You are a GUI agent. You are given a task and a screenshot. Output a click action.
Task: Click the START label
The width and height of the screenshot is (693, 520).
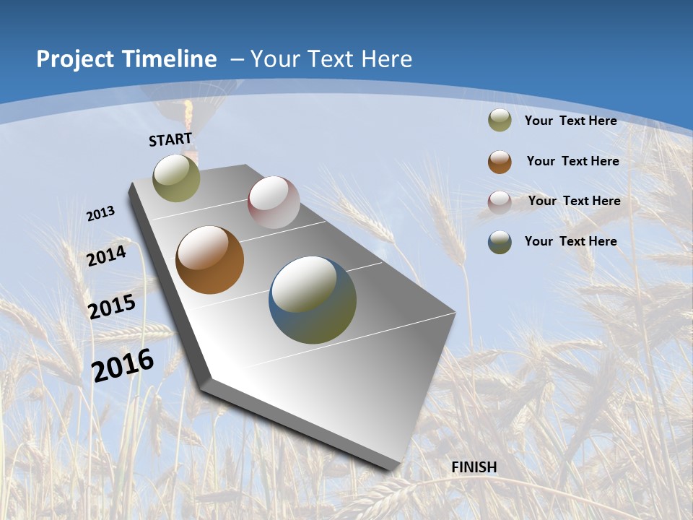coord(170,139)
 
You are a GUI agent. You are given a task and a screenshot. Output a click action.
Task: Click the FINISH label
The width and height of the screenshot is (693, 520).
coord(474,467)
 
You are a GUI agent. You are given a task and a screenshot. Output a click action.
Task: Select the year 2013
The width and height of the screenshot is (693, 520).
coord(101,214)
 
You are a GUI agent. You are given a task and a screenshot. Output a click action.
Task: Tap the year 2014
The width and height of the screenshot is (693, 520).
coord(107,256)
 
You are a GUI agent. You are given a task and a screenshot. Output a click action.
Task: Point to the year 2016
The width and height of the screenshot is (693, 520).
coord(123,365)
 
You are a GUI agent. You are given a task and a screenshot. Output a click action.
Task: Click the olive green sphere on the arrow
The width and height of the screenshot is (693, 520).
coord(177,178)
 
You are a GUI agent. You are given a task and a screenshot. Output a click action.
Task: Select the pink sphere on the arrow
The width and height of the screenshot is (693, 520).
coord(274,202)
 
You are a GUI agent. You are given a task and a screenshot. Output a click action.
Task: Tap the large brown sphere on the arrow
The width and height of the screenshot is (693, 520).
coord(210,260)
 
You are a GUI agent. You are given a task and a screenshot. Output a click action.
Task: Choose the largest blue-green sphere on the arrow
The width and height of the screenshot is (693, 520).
coord(313,300)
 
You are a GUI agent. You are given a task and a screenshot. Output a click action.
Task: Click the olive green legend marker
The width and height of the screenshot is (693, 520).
coord(500,120)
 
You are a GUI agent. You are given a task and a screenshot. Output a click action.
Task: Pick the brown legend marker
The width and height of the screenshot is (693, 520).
coord(500,162)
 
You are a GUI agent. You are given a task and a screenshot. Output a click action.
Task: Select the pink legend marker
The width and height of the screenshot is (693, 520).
coord(500,201)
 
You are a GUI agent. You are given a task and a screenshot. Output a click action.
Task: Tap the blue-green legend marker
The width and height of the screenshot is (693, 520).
coord(500,242)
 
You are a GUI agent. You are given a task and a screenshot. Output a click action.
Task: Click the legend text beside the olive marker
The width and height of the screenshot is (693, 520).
coord(570,121)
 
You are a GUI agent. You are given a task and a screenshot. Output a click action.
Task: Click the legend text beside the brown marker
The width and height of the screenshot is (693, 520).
coord(572,161)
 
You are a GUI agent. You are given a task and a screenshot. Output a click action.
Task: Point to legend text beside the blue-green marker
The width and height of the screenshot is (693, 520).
coord(570,241)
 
